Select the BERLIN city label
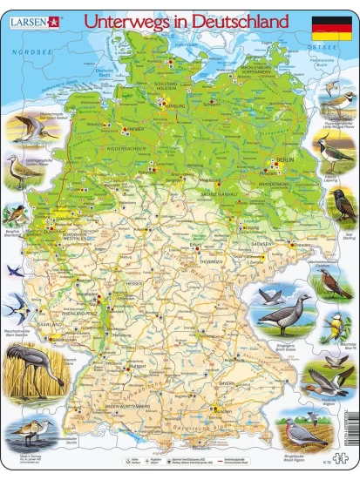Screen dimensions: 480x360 coord(284,161)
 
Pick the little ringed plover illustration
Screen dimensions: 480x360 coord(334,105)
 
